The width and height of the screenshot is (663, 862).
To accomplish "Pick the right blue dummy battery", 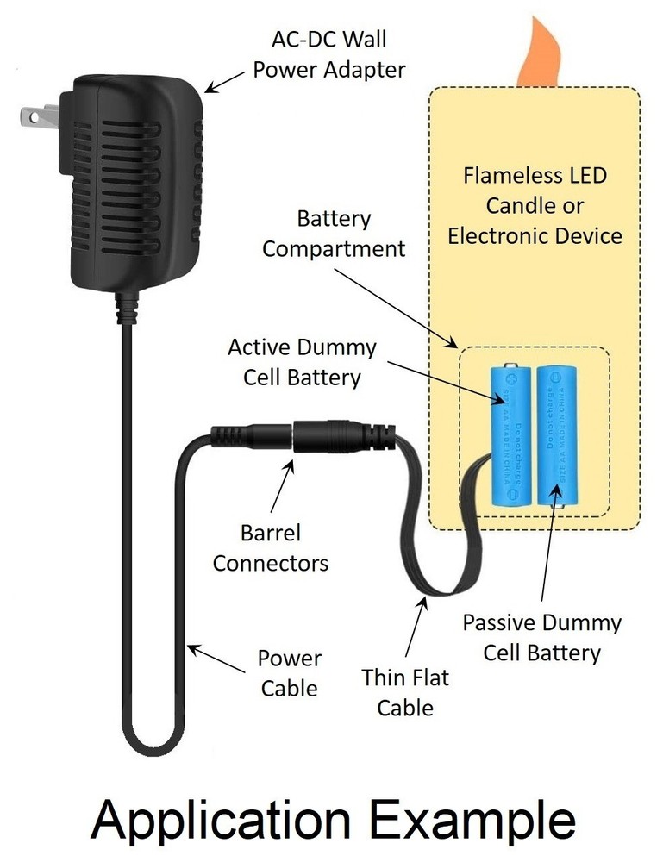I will [558, 436].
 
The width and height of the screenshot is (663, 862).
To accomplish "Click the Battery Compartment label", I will [334, 234].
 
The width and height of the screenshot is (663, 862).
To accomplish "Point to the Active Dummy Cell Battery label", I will [302, 362].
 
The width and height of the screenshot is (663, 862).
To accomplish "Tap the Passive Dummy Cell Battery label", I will [541, 637].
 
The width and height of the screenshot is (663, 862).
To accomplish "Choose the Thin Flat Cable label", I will [405, 692].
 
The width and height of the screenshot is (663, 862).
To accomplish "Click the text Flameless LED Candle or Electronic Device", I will [535, 205].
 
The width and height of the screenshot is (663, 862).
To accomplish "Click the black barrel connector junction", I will [295, 436].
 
